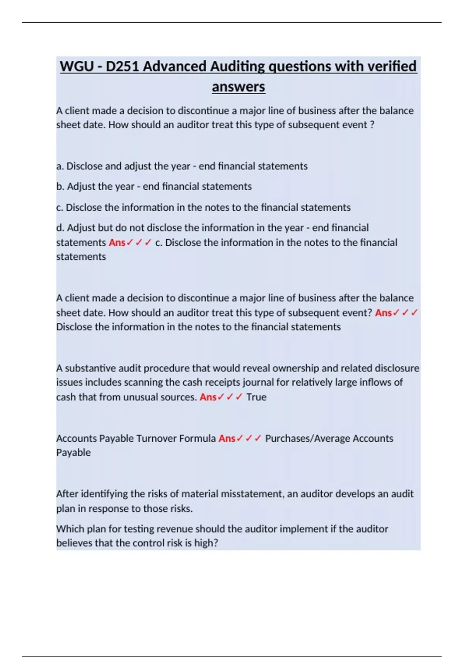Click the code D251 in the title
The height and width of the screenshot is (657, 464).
click(x=122, y=66)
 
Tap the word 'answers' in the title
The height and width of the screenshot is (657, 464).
click(x=238, y=87)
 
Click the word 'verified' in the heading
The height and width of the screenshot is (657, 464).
click(x=391, y=66)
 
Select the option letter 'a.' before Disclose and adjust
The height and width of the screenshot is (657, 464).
click(x=60, y=166)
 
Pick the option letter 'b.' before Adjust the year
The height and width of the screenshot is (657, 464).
click(x=60, y=187)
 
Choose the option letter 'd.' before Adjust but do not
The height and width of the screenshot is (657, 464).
click(x=60, y=228)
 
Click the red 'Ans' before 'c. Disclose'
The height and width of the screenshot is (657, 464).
click(x=117, y=243)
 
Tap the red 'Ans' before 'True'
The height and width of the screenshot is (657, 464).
click(x=208, y=397)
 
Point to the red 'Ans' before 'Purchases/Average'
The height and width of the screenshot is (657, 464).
click(x=227, y=439)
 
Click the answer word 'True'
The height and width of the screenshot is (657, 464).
click(x=256, y=397)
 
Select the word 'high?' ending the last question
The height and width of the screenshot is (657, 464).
click(x=206, y=543)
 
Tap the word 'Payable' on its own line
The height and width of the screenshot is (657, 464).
click(x=73, y=453)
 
